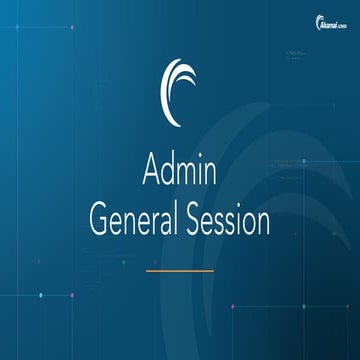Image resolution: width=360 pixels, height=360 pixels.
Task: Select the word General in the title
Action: [x=139, y=221]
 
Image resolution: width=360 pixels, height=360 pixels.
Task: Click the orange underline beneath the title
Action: [x=180, y=270]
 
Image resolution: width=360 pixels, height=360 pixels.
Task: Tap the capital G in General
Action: [x=99, y=221]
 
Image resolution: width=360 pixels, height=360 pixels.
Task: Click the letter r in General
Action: [x=155, y=223]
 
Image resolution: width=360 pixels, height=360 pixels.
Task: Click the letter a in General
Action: [x=167, y=223]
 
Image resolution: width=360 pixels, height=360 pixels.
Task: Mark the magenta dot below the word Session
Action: [x=233, y=307]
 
